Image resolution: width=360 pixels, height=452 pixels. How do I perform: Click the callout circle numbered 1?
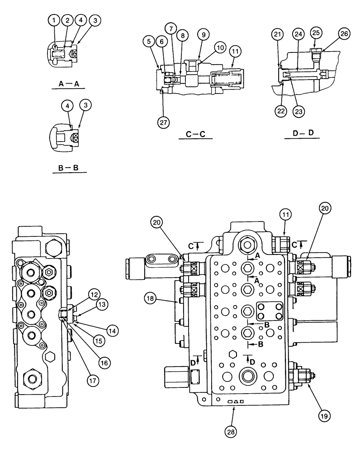point(54,20)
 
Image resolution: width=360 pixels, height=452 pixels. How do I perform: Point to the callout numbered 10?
point(220,47)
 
